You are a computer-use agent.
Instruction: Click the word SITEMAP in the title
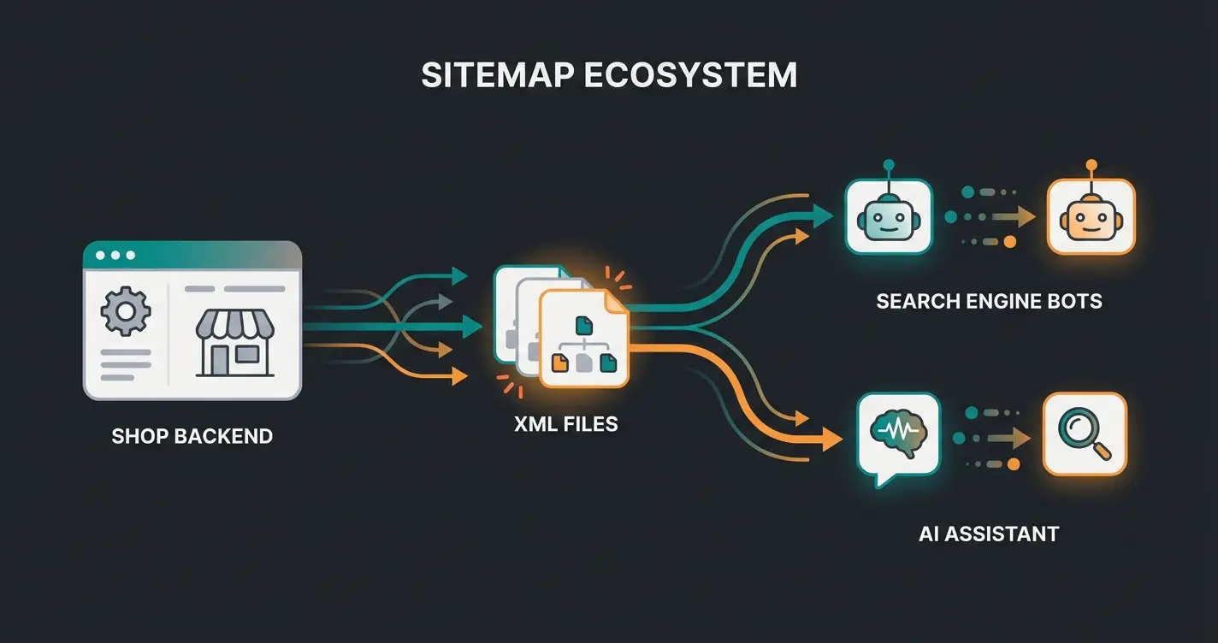[x=497, y=75]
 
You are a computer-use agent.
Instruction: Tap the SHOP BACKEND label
[x=192, y=436]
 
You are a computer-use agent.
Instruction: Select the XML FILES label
[x=565, y=423]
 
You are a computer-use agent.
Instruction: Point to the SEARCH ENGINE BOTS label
[x=989, y=301]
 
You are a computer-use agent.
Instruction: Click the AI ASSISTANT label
[x=989, y=534]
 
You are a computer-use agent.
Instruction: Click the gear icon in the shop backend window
[x=126, y=311]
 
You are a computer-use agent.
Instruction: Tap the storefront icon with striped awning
[x=234, y=341]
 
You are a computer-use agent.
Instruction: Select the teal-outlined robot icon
[x=889, y=217]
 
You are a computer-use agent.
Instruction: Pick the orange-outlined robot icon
[x=1091, y=217]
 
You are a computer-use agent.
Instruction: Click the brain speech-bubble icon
[x=898, y=436]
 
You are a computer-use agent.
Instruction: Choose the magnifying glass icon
[x=1085, y=434]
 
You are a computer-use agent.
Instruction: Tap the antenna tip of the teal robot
[x=889, y=162]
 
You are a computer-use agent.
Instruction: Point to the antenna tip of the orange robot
[x=1091, y=162]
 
